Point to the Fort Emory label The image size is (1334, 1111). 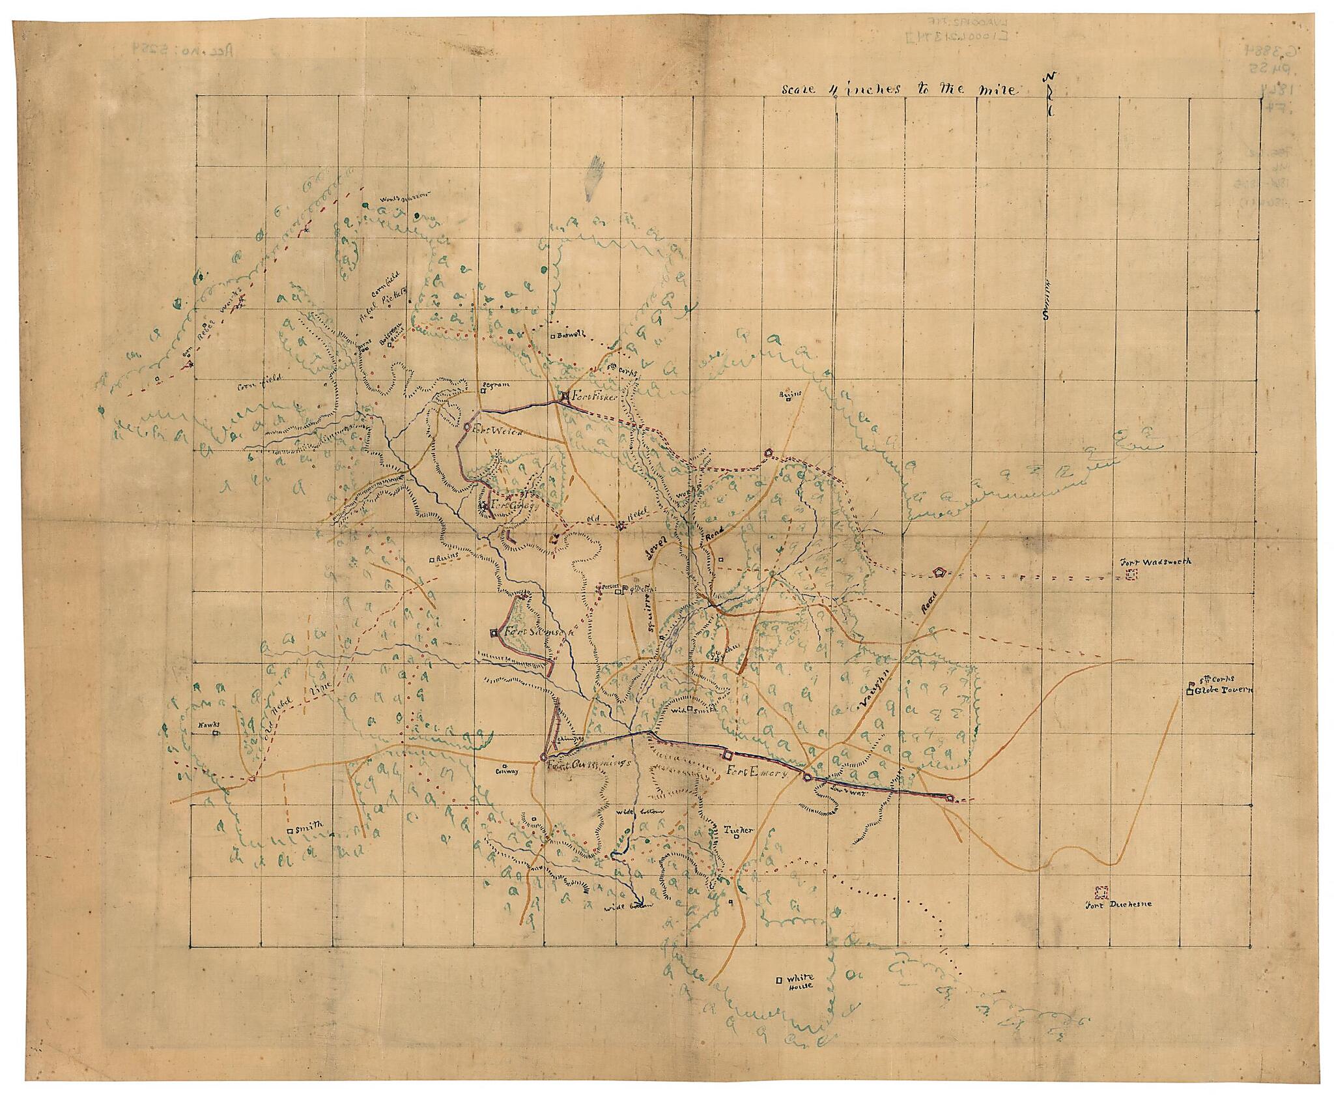click(758, 775)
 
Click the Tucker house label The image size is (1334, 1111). click(739, 830)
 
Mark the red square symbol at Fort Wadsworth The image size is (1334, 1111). click(1132, 574)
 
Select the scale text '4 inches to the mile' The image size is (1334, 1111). click(899, 90)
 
